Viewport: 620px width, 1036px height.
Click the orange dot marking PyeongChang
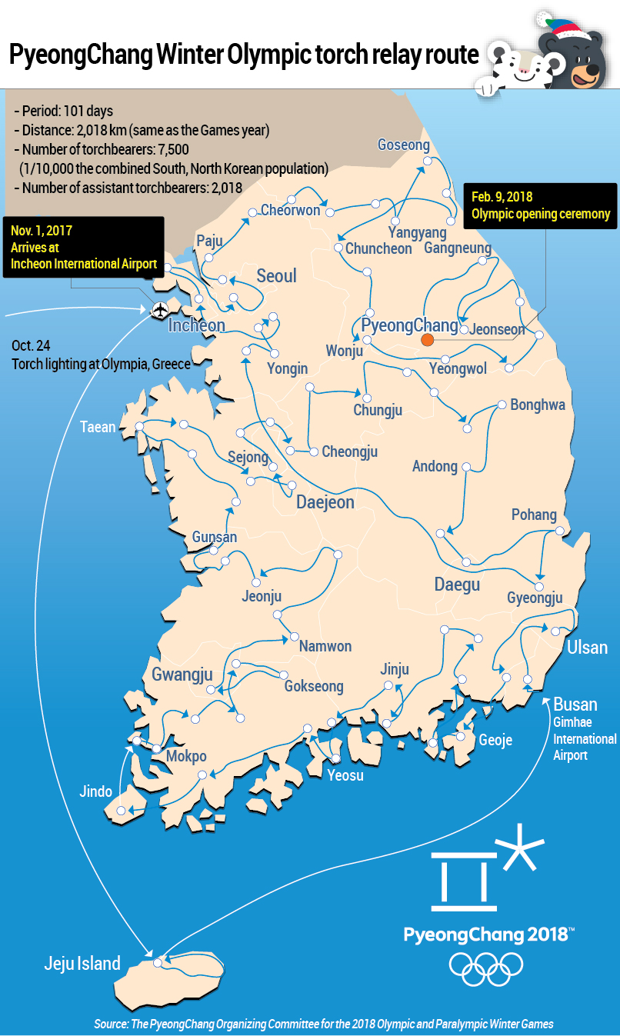click(x=428, y=339)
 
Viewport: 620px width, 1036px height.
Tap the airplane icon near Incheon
click(x=159, y=309)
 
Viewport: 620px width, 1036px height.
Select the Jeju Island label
click(x=82, y=963)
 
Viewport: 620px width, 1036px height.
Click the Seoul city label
click(x=276, y=275)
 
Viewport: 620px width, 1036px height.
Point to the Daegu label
click(x=457, y=585)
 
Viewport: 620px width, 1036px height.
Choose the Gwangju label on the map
click(x=182, y=675)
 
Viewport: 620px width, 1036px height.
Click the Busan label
click(x=575, y=705)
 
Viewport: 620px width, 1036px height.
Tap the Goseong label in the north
click(x=404, y=145)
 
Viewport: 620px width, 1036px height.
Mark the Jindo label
click(x=96, y=791)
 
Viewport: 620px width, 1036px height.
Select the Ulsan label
click(x=587, y=648)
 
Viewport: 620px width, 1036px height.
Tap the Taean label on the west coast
click(x=98, y=427)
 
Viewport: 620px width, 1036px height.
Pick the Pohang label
click(x=534, y=515)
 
